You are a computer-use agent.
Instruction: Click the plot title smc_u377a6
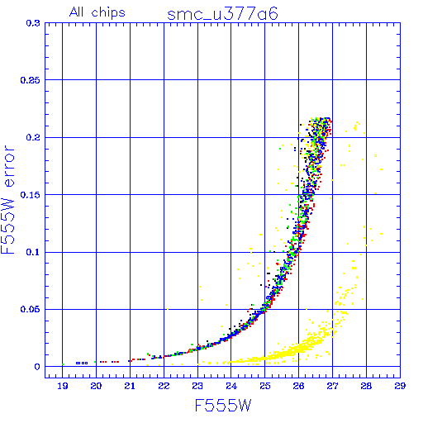point(222,14)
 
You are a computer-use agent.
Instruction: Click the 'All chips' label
point(97,12)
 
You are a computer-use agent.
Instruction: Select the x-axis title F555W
point(223,406)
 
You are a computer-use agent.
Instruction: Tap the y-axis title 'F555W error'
point(7,200)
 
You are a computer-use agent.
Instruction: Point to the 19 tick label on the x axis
point(63,386)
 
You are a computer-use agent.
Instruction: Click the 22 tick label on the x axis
point(164,386)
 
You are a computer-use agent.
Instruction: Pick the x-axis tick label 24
point(231,386)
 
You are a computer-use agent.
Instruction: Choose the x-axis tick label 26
point(299,386)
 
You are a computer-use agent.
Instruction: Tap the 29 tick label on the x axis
point(400,386)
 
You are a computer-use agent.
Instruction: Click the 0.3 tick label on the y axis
point(33,23)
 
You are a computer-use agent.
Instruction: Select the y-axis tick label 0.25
point(31,80)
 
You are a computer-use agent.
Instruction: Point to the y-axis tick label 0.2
point(33,137)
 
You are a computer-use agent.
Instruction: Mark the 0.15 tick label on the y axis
point(31,195)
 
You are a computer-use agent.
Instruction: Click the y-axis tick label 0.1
point(33,252)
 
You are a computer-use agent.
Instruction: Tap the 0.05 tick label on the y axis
point(31,309)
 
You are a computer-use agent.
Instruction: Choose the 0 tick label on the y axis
point(37,367)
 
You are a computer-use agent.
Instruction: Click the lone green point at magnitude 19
point(63,364)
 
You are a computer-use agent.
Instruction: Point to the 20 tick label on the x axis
point(96,386)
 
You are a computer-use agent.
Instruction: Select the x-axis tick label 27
point(332,386)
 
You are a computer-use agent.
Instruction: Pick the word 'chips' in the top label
point(108,13)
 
